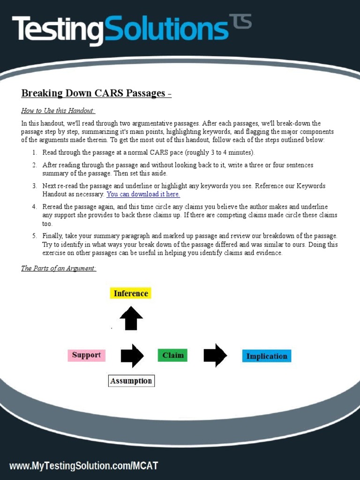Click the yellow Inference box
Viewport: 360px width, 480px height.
pos(131,293)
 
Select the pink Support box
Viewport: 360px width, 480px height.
pos(86,355)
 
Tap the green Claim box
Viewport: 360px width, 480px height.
pos(172,355)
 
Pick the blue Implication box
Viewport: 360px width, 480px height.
pos(266,356)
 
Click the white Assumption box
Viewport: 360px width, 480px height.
pos(131,381)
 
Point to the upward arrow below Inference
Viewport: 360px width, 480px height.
pos(131,318)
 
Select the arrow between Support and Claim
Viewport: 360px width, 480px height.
pos(132,356)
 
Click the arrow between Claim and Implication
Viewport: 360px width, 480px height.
pos(215,356)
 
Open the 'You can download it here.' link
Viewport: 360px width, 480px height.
pos(143,194)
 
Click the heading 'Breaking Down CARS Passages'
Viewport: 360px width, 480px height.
pos(93,93)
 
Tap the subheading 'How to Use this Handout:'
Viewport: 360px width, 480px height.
pos(58,111)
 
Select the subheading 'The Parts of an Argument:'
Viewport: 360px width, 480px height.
pos(59,269)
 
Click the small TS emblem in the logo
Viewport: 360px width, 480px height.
pos(240,22)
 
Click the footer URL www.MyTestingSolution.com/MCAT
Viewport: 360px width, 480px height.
pos(84,466)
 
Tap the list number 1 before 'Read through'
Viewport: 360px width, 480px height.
pos(35,152)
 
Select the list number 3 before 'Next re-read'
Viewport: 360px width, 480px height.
pos(35,186)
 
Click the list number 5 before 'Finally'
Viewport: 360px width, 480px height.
pos(35,236)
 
